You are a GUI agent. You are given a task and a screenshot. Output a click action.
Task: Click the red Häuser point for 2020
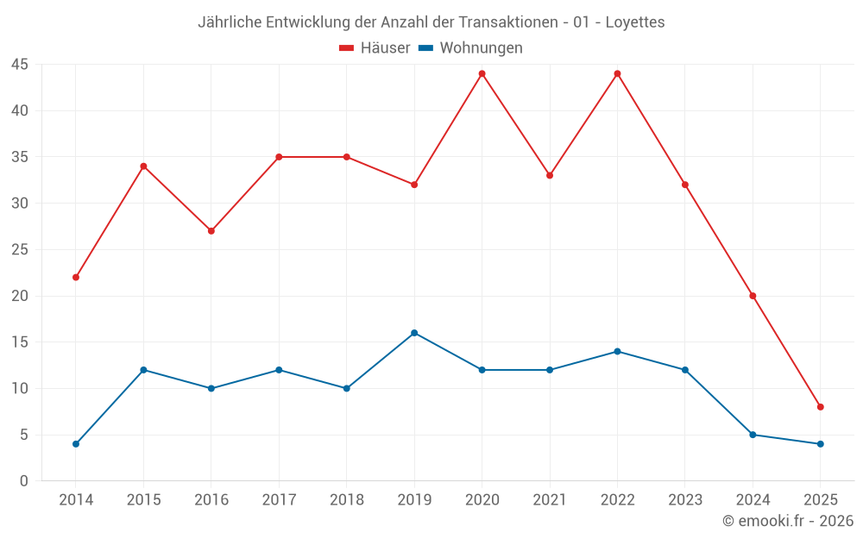point(482,73)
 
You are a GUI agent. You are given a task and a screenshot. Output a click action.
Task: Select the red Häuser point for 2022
point(617,73)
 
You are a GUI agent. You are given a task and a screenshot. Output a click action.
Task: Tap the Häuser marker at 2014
point(76,278)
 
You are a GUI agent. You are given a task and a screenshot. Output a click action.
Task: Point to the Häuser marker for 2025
point(821,407)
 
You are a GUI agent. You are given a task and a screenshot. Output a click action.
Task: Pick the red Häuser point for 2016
point(211,231)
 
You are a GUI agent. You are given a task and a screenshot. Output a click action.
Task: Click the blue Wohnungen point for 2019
point(414,333)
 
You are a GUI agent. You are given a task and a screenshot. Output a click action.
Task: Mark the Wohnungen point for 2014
point(76,444)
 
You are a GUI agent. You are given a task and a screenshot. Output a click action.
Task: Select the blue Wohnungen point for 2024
point(753,435)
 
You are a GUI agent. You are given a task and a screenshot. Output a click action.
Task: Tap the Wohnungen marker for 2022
point(617,352)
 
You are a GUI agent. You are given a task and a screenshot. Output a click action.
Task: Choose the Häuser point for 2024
point(753,296)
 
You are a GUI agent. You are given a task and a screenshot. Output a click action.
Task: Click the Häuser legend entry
point(375,48)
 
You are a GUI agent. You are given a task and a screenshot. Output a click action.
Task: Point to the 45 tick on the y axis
point(20,65)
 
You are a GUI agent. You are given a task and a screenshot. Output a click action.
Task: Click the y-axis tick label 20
point(20,296)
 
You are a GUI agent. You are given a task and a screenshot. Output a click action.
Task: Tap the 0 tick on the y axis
point(24,481)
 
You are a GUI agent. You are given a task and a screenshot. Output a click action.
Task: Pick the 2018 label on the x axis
point(347,500)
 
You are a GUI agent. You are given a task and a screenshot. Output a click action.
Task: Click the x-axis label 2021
point(550,500)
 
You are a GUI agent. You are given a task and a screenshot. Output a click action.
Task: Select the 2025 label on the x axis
point(821,500)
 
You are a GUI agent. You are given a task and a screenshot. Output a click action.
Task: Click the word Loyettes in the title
point(635,22)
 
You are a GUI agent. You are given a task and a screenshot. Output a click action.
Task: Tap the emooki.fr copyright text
point(788,521)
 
